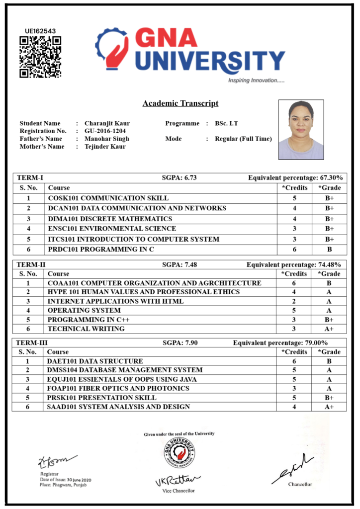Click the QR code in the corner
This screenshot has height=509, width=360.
40,57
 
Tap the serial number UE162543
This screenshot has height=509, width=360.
40,31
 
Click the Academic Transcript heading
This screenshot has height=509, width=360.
180,103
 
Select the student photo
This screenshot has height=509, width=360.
301,129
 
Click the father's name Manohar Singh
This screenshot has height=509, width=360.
106,139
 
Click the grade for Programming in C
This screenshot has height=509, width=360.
329,250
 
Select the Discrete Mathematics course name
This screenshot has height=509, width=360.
110,219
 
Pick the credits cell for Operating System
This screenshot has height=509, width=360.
294,310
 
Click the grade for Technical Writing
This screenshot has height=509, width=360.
329,329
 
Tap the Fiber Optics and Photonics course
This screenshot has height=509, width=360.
118,388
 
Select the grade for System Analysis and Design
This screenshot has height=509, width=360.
329,407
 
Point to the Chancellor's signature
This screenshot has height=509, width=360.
293,468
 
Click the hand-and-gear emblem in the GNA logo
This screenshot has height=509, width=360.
112,48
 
